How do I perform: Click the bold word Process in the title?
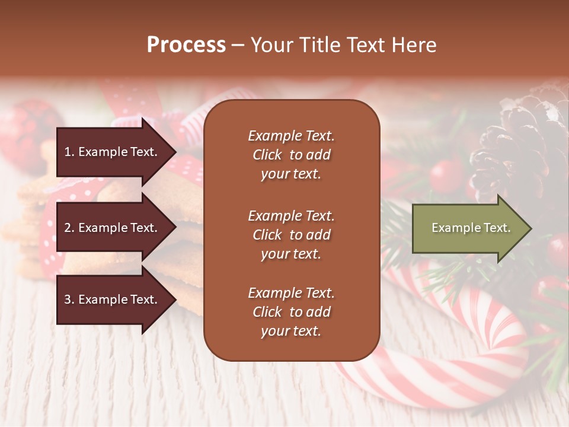tap(186, 45)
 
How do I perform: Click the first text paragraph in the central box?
tap(291, 155)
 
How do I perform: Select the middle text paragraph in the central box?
tap(291, 235)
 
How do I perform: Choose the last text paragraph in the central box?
tap(291, 312)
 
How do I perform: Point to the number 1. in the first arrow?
tap(69, 152)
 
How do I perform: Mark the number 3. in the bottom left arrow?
tap(69, 299)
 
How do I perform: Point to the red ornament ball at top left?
tap(24, 130)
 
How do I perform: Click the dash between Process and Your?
tap(238, 46)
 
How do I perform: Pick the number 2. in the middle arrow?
tap(69, 228)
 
